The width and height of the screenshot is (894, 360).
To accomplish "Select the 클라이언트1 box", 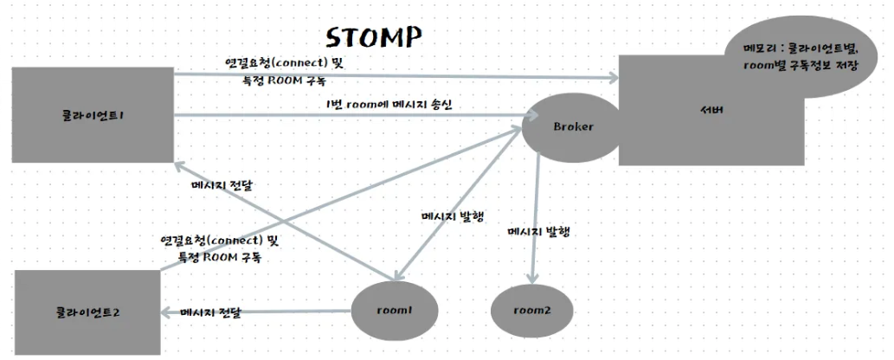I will [x=93, y=115].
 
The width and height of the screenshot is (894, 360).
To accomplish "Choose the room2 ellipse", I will [x=531, y=309].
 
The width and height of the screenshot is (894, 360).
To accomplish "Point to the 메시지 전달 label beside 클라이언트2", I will [x=209, y=312].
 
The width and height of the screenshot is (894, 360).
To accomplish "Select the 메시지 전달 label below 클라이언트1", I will [x=228, y=184].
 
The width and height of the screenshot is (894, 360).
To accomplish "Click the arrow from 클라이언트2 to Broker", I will [x=346, y=199].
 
